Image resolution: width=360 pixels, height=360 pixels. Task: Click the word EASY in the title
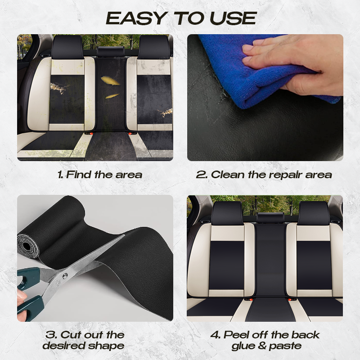coord(136,18)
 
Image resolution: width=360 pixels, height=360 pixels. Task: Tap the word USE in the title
coord(233,18)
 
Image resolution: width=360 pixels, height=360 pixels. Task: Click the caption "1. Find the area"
coord(99,175)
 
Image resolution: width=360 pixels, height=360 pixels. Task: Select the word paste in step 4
coord(285,346)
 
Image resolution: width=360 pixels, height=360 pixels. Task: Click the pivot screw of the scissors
coord(65,276)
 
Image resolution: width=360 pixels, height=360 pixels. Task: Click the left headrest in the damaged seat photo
coord(67,47)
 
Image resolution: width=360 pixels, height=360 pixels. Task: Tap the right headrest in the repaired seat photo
coord(313,213)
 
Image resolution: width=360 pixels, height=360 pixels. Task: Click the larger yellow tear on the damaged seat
coord(110,81)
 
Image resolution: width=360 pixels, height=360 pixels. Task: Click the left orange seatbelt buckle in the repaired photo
coord(250,299)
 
